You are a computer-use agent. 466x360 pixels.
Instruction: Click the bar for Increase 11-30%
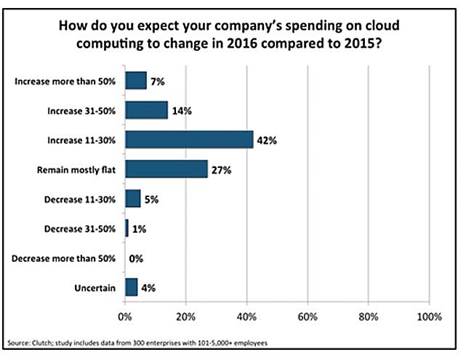click(189, 139)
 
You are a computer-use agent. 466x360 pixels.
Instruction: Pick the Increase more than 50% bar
click(136, 79)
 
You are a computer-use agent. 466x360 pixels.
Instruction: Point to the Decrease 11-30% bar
click(133, 199)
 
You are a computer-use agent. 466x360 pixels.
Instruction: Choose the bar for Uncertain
click(131, 287)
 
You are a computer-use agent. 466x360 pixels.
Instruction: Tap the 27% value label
click(221, 169)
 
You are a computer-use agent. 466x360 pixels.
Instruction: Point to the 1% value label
click(138, 228)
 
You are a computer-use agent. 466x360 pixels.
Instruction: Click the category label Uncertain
click(96, 288)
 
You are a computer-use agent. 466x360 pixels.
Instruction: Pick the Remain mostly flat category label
click(79, 169)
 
